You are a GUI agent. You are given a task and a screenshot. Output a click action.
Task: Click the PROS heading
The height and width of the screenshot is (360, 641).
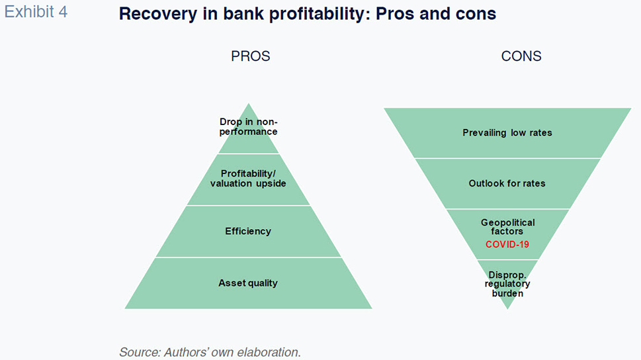251,56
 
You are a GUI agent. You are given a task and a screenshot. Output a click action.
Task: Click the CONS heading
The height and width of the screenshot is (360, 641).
521,56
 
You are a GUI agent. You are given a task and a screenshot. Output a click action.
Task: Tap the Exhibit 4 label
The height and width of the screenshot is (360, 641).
36,12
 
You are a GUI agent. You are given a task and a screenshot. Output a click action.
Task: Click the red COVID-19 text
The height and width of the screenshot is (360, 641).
507,244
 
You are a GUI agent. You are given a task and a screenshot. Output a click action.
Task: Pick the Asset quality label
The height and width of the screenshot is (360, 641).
248,283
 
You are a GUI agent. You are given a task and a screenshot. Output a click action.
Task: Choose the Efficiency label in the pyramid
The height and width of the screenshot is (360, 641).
248,231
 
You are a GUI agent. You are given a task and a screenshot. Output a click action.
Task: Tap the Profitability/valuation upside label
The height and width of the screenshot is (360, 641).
248,179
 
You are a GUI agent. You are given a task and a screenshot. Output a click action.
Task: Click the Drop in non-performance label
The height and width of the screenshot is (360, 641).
248,127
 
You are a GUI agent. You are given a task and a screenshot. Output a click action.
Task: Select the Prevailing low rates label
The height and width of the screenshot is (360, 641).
507,132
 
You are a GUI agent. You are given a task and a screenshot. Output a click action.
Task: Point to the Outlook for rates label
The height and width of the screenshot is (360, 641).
507,183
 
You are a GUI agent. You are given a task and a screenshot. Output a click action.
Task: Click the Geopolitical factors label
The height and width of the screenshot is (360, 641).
507,226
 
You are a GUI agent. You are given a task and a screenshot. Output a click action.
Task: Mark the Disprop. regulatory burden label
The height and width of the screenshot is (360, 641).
507,284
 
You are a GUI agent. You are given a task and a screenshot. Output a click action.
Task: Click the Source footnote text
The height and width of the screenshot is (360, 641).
210,352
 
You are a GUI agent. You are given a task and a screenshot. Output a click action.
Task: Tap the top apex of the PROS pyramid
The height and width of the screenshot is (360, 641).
249,103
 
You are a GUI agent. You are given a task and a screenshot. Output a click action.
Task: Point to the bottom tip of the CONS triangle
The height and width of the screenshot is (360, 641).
508,309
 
